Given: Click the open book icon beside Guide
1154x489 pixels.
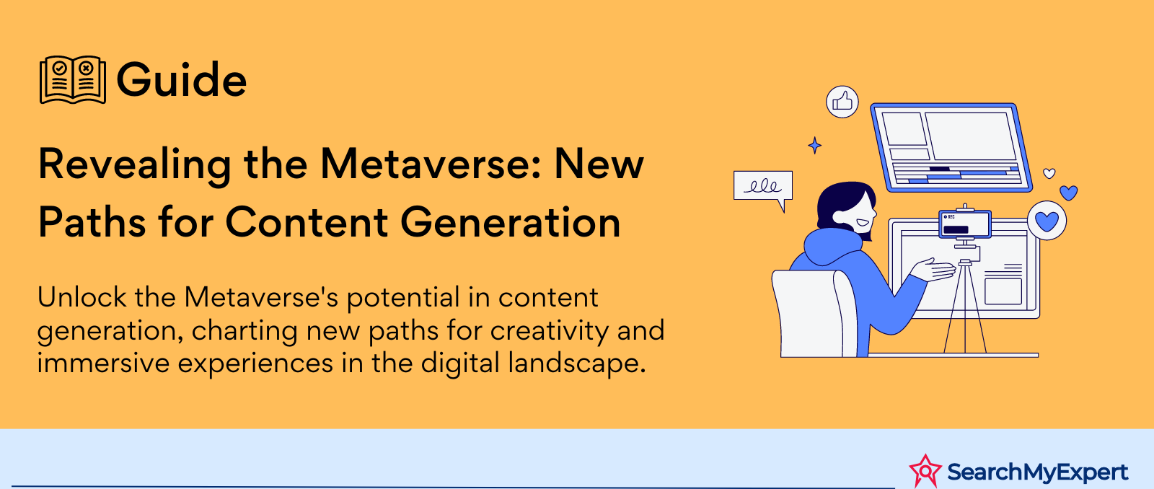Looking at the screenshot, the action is click(x=73, y=79).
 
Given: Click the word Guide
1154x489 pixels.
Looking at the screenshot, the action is click(x=181, y=79).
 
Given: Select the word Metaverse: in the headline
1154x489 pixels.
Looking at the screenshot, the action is click(x=431, y=164).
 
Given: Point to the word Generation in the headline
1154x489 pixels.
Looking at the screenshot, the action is click(x=511, y=223).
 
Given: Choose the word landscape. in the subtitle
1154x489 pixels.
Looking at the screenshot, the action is click(x=577, y=364).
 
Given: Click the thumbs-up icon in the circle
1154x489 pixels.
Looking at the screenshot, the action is click(x=842, y=102).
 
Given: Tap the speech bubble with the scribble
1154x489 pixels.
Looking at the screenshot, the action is click(x=763, y=187).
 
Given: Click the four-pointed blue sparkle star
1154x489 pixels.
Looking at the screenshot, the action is click(x=814, y=145).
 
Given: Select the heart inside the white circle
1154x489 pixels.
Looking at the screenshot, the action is click(x=1047, y=221).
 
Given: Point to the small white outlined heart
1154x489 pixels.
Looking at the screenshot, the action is click(x=1049, y=173).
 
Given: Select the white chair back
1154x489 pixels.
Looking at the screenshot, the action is click(x=814, y=313).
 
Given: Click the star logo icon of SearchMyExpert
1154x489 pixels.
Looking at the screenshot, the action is click(x=925, y=471).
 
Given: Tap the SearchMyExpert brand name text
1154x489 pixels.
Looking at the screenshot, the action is click(x=1037, y=472).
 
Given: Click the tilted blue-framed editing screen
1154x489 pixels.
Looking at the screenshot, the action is click(x=951, y=147).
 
